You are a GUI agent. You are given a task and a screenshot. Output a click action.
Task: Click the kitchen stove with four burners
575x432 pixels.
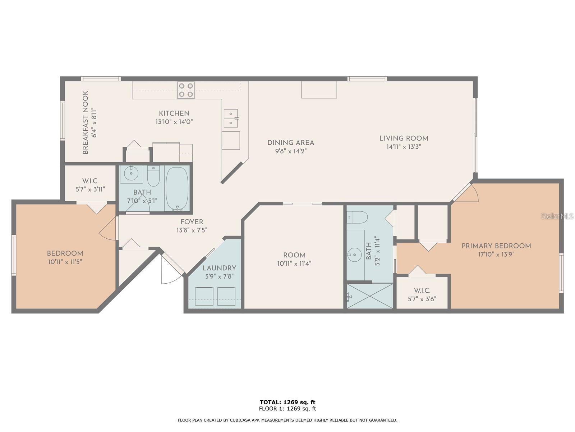[x=186, y=90]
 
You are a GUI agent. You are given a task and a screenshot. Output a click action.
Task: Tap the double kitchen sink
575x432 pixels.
[x=230, y=118]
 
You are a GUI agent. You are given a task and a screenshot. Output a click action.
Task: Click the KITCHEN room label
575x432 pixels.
[x=174, y=113]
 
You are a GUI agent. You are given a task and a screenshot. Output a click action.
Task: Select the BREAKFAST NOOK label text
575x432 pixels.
[x=86, y=123]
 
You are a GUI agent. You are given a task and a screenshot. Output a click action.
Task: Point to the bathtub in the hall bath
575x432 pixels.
[x=177, y=188]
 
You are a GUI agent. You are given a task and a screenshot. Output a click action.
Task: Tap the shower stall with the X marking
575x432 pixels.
[x=370, y=296]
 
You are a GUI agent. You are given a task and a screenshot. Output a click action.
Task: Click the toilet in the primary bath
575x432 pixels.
[x=358, y=217]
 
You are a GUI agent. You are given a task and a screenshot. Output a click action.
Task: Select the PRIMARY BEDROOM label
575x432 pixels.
[x=496, y=246]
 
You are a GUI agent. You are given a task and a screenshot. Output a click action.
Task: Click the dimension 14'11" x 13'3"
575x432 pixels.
[x=404, y=147]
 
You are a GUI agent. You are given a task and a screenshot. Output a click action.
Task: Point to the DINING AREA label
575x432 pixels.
[x=290, y=143]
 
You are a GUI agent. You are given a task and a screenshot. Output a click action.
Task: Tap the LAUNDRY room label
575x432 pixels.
[x=219, y=268]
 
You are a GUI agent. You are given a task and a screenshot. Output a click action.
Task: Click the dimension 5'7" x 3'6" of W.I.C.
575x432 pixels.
[x=422, y=299]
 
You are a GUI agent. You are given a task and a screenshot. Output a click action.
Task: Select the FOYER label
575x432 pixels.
[x=192, y=222]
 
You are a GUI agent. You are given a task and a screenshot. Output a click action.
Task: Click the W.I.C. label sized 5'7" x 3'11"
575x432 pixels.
[x=90, y=181]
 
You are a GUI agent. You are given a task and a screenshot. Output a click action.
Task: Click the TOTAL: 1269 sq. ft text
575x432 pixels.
[x=287, y=402]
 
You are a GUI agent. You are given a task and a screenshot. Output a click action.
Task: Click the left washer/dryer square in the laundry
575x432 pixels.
[x=204, y=296]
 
